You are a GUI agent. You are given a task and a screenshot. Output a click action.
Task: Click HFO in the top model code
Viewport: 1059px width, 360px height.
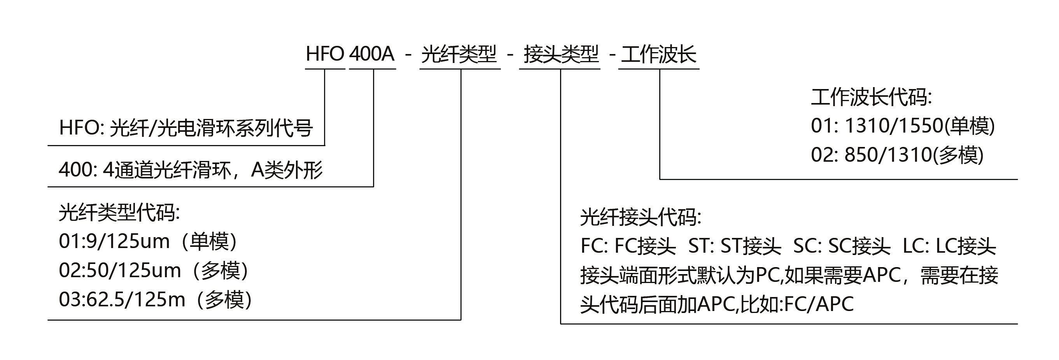coord(325,54)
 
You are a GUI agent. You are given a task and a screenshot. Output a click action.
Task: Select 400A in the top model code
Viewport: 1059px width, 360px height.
coord(372,54)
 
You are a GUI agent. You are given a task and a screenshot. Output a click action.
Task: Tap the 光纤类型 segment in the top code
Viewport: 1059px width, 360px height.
coord(459,54)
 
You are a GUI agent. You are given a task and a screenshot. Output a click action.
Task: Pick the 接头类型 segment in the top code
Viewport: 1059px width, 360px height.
coord(561,54)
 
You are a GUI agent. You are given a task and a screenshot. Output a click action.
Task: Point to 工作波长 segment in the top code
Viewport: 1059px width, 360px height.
coord(658,54)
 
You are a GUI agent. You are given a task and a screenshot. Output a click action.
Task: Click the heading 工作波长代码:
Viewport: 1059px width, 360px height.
coord(871,98)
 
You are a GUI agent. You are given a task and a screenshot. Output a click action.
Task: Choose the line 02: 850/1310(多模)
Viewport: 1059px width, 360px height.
coord(897,155)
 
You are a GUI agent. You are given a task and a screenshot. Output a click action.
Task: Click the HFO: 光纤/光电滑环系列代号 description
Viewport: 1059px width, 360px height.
coord(186,128)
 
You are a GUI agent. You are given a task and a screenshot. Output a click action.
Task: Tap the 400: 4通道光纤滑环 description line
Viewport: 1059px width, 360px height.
coord(190,170)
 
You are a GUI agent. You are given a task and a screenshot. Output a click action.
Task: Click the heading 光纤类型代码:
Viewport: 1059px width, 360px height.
coord(119,213)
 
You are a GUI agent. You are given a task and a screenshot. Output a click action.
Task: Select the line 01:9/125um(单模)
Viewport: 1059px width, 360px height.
coord(149,242)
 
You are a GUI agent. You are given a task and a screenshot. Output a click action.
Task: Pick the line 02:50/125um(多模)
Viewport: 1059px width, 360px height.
coord(154,271)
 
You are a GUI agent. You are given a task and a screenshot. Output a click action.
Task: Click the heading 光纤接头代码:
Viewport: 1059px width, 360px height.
coord(641,217)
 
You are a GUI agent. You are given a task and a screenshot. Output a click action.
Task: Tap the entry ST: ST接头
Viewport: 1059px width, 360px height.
coord(734,246)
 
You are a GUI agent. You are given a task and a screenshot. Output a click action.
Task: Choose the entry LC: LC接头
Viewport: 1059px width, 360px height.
coord(949,246)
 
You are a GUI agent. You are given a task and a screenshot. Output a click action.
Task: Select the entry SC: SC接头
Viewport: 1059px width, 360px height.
coord(842,246)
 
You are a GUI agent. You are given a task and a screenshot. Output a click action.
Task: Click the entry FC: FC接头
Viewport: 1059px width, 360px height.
coord(628,246)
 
